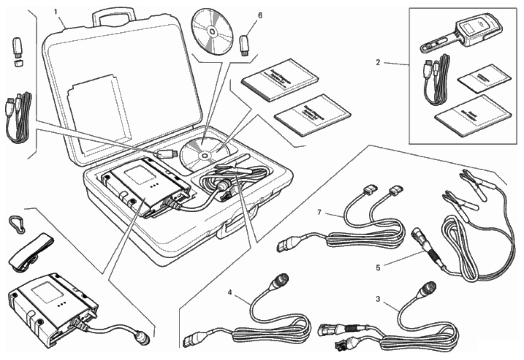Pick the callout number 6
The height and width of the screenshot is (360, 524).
[x=260, y=15]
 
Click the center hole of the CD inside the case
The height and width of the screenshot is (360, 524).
[x=205, y=155]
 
